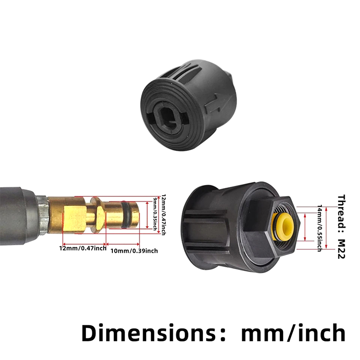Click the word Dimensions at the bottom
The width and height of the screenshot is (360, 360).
point(149,333)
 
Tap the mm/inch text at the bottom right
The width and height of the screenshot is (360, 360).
point(293,333)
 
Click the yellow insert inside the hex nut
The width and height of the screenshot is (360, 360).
point(283,226)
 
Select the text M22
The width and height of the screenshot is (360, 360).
point(342,249)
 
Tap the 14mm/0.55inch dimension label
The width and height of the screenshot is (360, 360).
point(319,228)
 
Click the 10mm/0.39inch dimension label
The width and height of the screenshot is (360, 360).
point(134,251)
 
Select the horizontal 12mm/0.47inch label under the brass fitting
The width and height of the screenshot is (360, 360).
point(83,248)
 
